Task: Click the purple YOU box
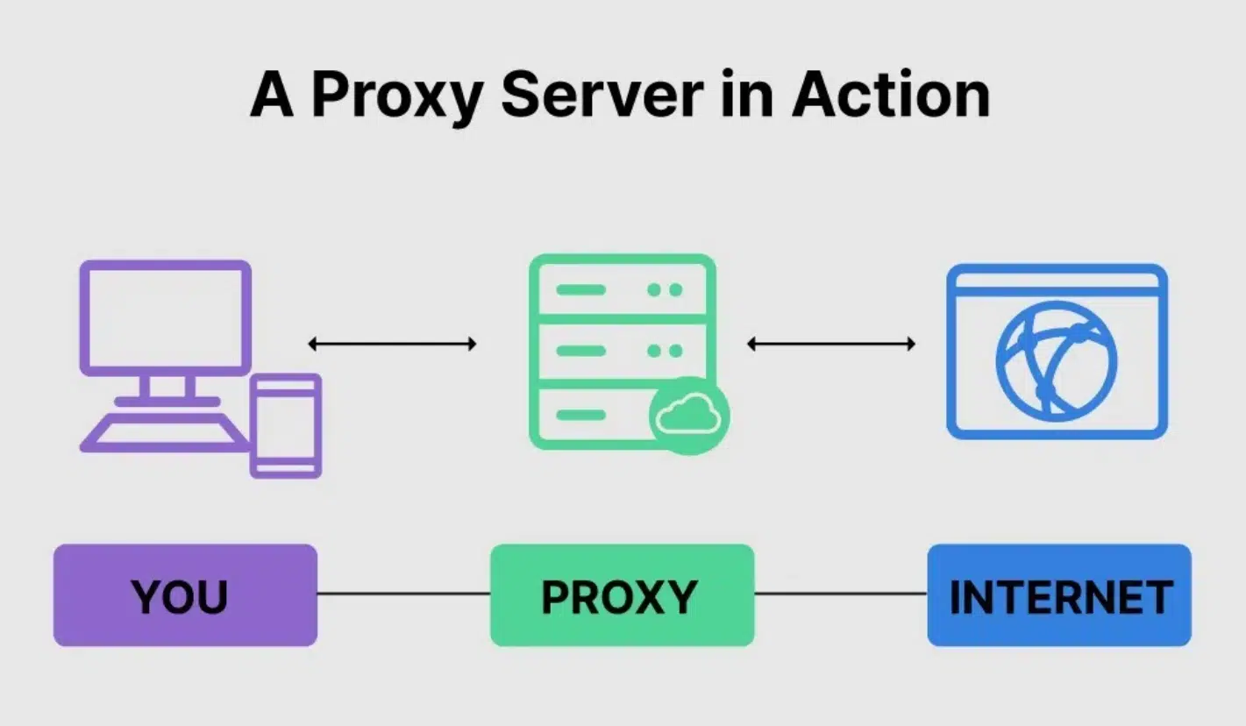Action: pos(185,595)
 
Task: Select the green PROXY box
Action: pos(622,595)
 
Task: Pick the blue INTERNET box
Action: pos(1059,595)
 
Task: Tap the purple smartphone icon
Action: pos(286,426)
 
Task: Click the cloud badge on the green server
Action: pos(689,415)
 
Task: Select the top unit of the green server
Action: pos(622,289)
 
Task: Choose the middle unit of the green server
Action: pos(622,351)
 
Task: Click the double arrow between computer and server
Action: pos(392,344)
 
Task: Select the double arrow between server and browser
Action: pos(830,344)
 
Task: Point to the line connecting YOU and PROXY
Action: pos(403,594)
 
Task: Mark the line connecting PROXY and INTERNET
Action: pos(840,594)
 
